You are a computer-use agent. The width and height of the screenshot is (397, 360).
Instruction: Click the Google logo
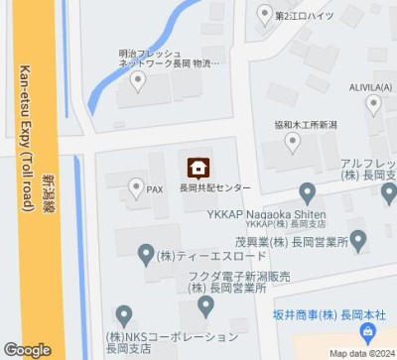click(x=27, y=349)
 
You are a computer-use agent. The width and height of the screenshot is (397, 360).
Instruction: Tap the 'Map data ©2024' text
click(x=361, y=353)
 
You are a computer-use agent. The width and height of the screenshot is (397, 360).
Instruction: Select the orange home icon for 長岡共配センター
click(x=198, y=167)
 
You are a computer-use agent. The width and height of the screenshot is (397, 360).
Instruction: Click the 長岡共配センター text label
click(x=214, y=187)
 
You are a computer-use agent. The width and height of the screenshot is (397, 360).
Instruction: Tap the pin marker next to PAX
click(x=136, y=186)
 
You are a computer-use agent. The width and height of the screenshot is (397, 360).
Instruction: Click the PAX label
click(x=155, y=188)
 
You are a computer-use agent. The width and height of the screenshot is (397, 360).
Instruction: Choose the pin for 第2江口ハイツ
click(x=263, y=14)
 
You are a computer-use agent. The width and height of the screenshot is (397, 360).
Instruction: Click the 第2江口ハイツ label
click(x=305, y=16)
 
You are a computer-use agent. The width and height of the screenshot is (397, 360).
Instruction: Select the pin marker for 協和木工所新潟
click(x=293, y=144)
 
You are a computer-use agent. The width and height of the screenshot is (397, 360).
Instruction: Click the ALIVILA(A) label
click(x=371, y=88)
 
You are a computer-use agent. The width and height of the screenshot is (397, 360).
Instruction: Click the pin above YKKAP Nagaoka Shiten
click(x=308, y=191)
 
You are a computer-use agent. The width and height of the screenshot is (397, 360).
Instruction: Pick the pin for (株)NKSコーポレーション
click(x=123, y=315)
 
